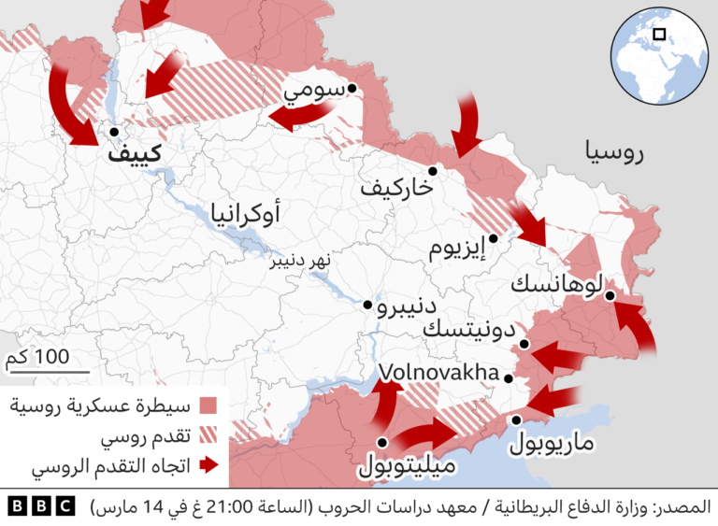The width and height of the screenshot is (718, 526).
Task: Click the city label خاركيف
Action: (396, 188)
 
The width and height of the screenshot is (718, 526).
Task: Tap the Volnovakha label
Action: (437, 375)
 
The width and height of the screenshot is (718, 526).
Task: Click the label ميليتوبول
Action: (408, 464)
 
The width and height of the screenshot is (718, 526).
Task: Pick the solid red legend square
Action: (208, 406)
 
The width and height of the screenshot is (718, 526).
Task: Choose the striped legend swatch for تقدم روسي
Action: (208, 436)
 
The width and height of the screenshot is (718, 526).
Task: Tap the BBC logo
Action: (41, 506)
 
